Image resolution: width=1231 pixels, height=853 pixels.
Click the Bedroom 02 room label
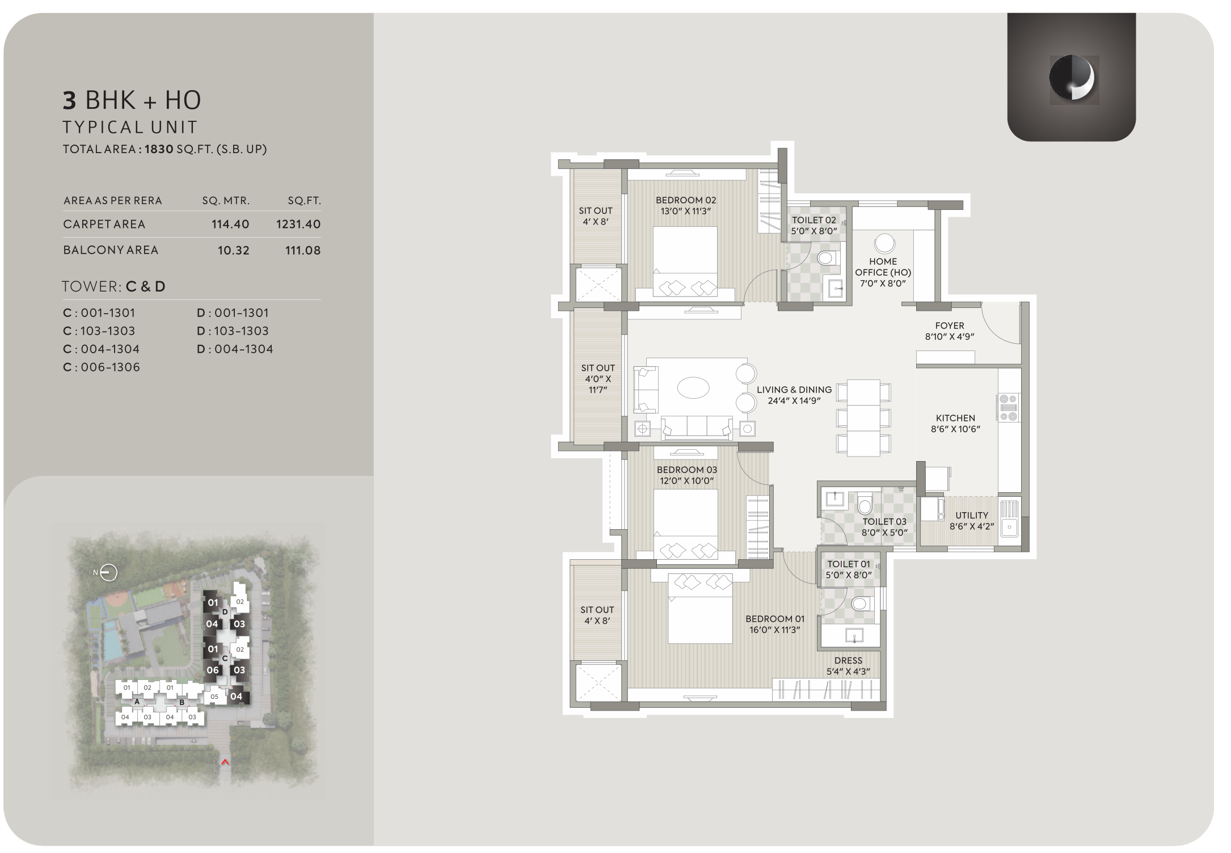pyautogui.click(x=686, y=205)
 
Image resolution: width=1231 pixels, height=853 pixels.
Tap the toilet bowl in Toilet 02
pyautogui.click(x=826, y=259)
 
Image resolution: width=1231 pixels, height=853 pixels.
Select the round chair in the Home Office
pyautogui.click(x=884, y=243)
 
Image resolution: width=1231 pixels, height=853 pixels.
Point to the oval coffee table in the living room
pyautogui.click(x=693, y=389)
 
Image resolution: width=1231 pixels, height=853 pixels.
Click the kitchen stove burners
pyautogui.click(x=1008, y=407)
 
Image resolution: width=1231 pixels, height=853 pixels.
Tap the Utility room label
pyautogui.click(x=972, y=521)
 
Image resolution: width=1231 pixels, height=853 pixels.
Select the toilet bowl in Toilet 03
pyautogui.click(x=865, y=504)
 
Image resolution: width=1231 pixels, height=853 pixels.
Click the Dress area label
pyautogui.click(x=849, y=666)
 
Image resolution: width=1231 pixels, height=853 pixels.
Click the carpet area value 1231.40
pyautogui.click(x=298, y=224)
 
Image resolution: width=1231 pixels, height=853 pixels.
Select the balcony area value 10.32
pyautogui.click(x=234, y=251)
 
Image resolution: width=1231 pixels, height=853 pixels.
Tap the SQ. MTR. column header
pyautogui.click(x=226, y=201)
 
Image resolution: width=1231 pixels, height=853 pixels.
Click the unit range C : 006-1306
pyautogui.click(x=102, y=367)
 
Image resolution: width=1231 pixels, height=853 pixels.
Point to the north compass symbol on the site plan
pyautogui.click(x=108, y=573)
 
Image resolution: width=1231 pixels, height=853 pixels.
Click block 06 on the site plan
pyautogui.click(x=212, y=670)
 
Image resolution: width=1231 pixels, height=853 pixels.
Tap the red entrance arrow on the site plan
pyautogui.click(x=225, y=762)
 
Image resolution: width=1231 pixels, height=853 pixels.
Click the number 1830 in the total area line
pyautogui.click(x=159, y=149)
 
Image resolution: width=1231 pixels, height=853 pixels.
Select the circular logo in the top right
pyautogui.click(x=1072, y=78)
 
